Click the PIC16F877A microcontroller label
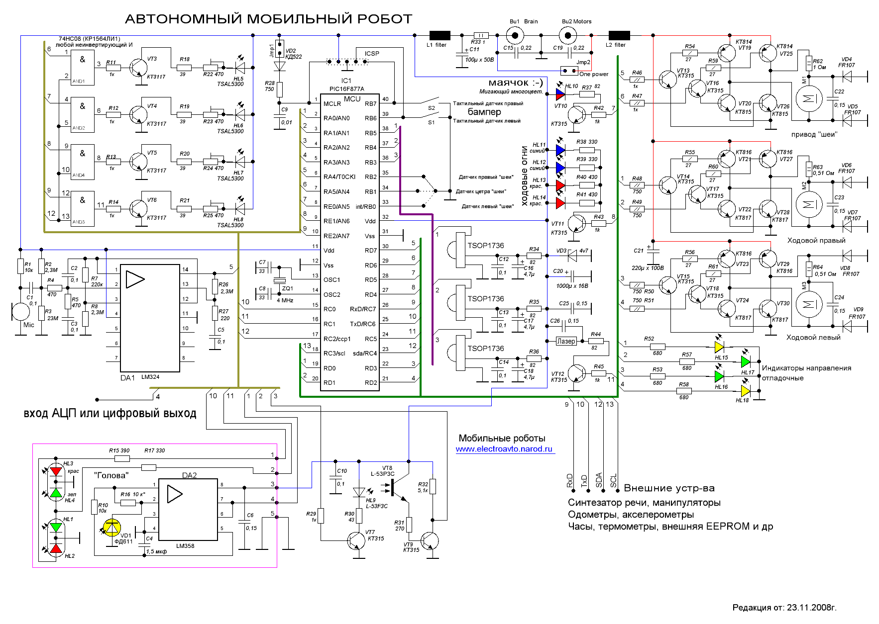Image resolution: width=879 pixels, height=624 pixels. (346, 89)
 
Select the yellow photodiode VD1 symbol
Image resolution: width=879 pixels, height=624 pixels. (111, 528)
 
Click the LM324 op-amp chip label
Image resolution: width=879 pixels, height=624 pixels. (150, 377)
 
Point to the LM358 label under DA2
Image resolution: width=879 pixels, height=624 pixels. (185, 546)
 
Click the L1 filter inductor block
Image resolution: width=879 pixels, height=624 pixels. (439, 35)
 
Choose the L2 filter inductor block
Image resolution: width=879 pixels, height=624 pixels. (619, 35)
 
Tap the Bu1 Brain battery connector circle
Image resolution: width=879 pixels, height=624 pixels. (515, 35)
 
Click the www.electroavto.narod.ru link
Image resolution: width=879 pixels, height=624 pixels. (504, 449)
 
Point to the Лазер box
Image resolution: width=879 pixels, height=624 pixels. (566, 341)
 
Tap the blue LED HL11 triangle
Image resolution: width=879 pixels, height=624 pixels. (560, 150)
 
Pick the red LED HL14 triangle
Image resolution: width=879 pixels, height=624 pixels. (560, 203)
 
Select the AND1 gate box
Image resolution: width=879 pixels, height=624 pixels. (82, 67)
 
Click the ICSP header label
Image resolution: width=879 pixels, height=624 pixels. (372, 54)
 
